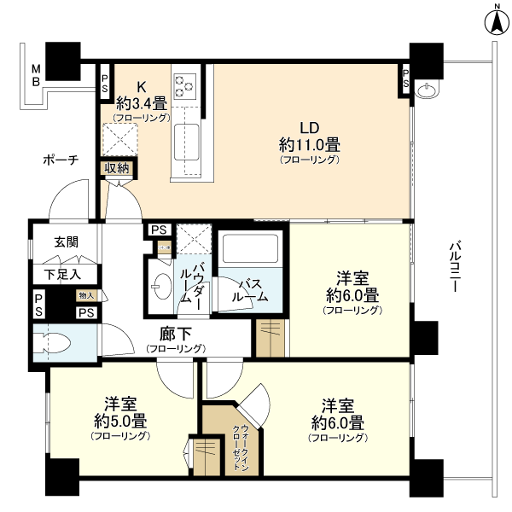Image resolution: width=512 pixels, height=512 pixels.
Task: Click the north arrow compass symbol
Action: [x=495, y=20]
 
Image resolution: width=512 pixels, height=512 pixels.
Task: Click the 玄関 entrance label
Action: [x=66, y=241]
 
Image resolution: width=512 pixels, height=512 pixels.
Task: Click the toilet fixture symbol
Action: [x=53, y=342]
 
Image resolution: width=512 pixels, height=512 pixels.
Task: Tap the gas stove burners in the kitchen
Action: [x=185, y=84]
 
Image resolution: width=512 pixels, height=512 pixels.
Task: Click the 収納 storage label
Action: [x=117, y=168]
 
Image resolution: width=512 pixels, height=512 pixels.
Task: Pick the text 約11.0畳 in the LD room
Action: [x=309, y=143]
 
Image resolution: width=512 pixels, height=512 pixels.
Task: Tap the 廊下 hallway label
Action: [x=175, y=334]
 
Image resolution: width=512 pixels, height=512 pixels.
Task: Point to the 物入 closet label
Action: [x=87, y=295]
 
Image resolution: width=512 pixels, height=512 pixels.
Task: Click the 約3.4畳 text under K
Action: [x=143, y=102]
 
